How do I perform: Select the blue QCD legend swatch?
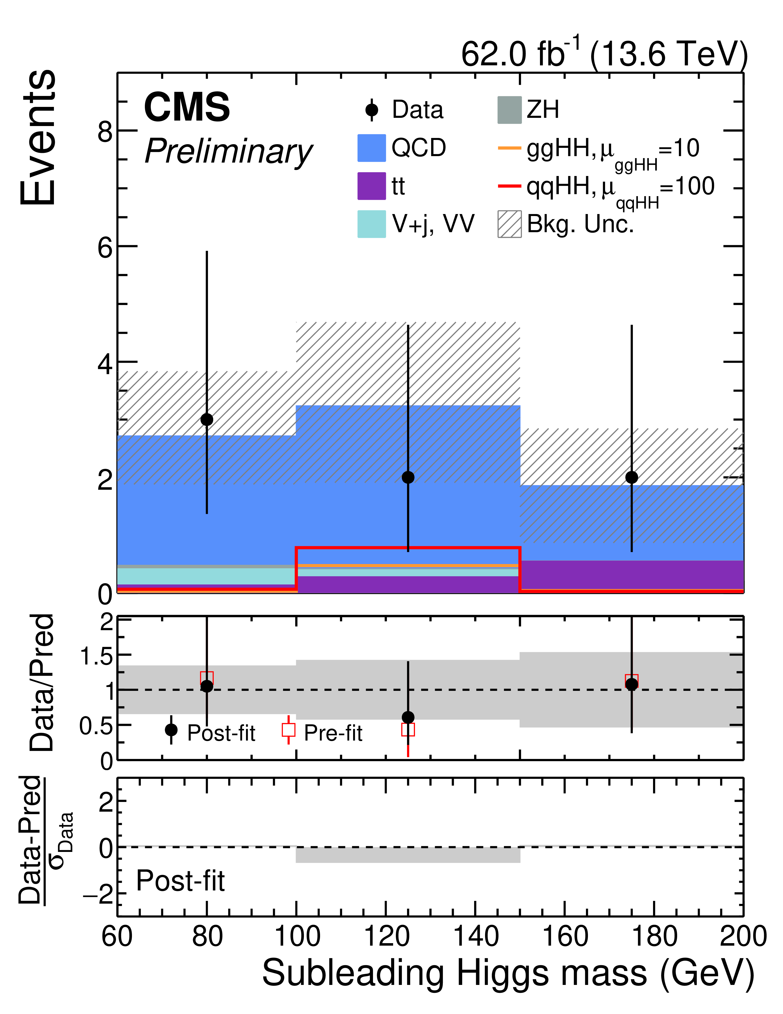[x=371, y=148]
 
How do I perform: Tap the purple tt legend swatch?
[x=371, y=186]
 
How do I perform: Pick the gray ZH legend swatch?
[x=509, y=110]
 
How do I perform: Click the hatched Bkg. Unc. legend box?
[x=509, y=224]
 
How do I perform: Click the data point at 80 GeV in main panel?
[x=207, y=420]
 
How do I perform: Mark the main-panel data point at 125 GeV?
[x=408, y=477]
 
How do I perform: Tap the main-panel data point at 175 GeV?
[x=631, y=477]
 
